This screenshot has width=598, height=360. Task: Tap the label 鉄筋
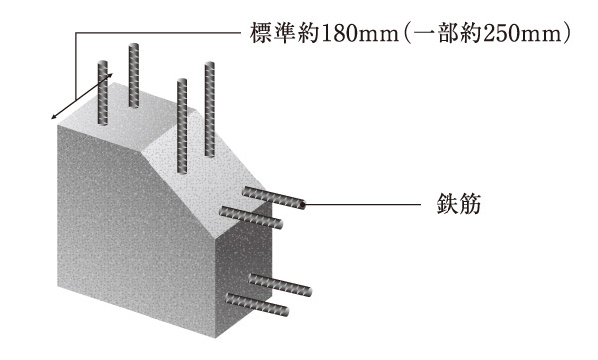[460, 205]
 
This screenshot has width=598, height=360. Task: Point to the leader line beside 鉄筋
[369, 205]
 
